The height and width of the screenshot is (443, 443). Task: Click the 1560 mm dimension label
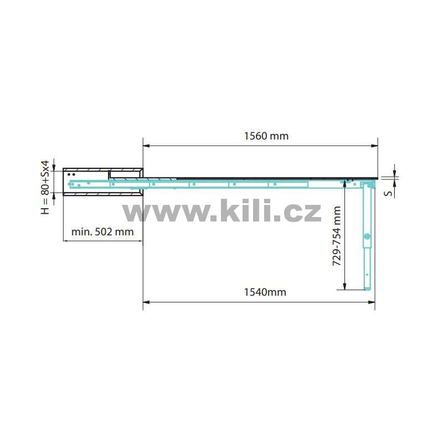tap(266, 136)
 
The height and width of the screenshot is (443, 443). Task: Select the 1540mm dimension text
tap(265, 292)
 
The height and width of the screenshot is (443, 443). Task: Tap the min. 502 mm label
tap(102, 232)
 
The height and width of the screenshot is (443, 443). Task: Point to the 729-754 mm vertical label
tap(337, 236)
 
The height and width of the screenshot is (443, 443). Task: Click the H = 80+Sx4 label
tap(45, 187)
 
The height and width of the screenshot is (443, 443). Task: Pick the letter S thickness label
tap(389, 193)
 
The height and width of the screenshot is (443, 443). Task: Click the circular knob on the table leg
tap(367, 236)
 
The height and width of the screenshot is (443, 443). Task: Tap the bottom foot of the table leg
tap(367, 288)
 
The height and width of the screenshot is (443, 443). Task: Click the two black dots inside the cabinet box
tap(71, 174)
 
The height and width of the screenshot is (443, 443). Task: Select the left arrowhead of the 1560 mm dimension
tap(146, 146)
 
